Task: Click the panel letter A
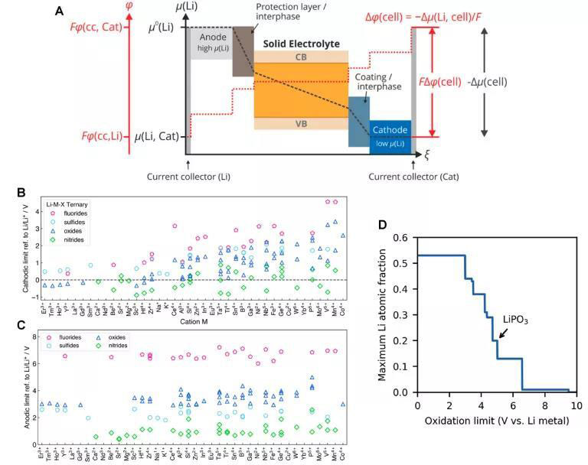pos(60,11)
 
